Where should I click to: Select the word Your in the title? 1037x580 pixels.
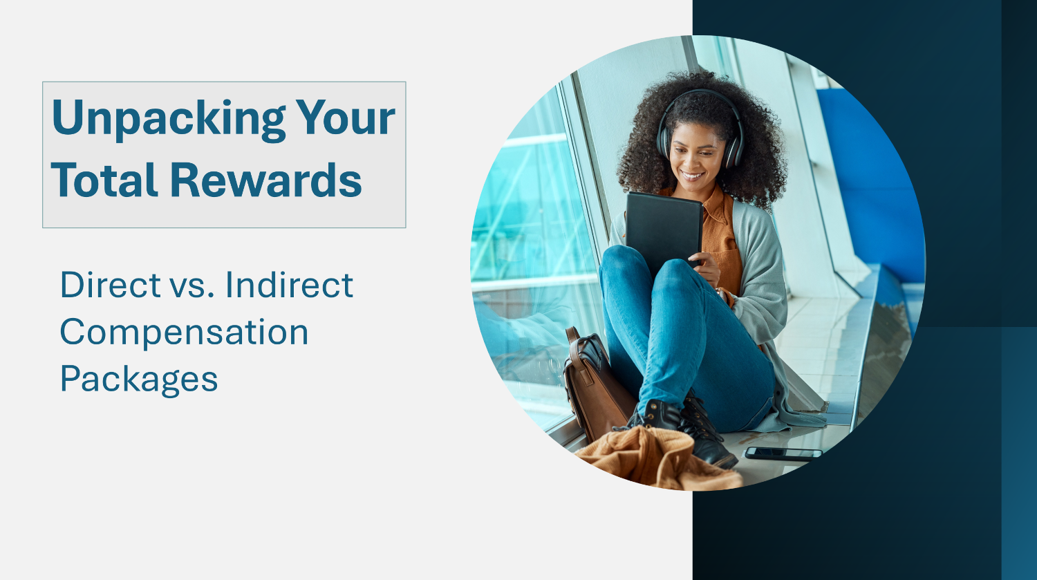pyautogui.click(x=345, y=118)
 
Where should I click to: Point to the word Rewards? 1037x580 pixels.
pyautogui.click(x=266, y=180)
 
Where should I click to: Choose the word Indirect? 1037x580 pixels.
pyautogui.click(x=289, y=285)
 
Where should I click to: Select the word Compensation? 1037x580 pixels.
pyautogui.click(x=184, y=333)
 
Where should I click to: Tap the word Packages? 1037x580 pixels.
pyautogui.click(x=139, y=380)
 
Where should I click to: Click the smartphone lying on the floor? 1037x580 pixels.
pyautogui.click(x=783, y=453)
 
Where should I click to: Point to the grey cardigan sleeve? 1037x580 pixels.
pyautogui.click(x=765, y=290)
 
